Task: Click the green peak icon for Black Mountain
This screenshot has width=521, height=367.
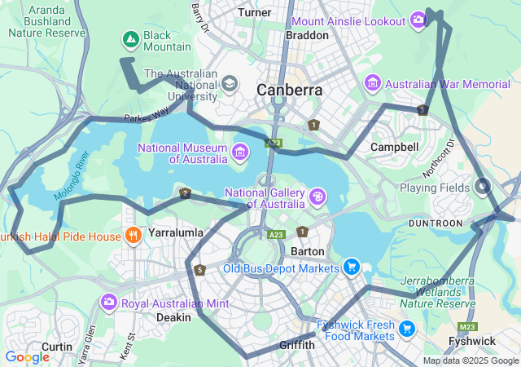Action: [130, 38]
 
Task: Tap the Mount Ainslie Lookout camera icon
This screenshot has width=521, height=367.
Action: [418, 19]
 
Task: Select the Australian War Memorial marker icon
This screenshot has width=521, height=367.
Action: [373, 83]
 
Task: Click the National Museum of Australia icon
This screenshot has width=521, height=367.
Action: [240, 152]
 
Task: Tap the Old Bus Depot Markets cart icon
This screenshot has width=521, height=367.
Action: [352, 267]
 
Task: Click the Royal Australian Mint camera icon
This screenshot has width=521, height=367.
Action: [108, 303]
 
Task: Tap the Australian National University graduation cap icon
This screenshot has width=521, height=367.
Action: [230, 84]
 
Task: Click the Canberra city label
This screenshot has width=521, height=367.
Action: [289, 90]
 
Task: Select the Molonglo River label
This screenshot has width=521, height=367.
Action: [70, 175]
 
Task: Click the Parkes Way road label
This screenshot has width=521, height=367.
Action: [147, 113]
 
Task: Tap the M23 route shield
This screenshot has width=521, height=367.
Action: [466, 327]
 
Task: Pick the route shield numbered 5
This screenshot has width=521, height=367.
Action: [199, 270]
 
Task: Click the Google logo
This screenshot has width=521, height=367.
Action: [27, 356]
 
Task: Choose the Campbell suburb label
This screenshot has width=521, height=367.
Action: [394, 147]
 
